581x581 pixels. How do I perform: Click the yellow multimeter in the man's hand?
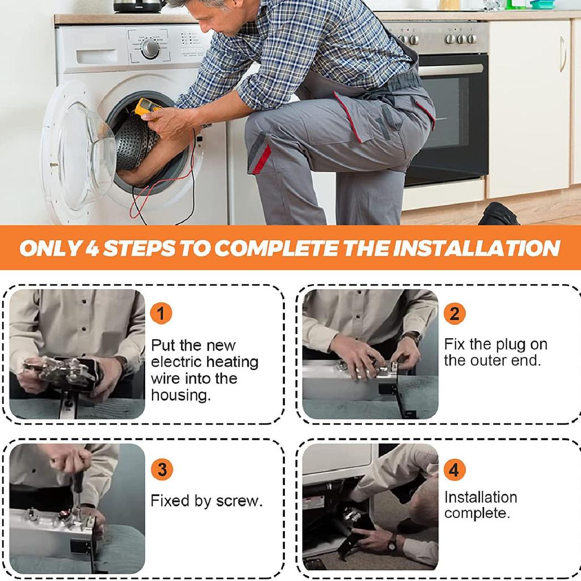point(147,108)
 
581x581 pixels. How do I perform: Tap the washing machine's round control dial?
point(150,48)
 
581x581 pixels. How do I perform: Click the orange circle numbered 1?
point(161,313)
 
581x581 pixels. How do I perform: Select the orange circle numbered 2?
point(454,314)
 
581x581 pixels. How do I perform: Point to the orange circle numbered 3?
point(162,469)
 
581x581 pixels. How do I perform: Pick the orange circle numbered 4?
point(454,470)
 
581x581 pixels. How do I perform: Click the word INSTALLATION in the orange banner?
point(477,248)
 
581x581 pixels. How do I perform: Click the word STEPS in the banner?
point(139,248)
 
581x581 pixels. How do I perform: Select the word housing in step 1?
point(181,395)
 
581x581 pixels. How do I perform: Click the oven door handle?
point(451,69)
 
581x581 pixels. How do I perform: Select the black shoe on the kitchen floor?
point(498,214)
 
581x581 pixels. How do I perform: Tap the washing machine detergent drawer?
point(96,57)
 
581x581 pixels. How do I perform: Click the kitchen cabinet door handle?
point(563,54)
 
